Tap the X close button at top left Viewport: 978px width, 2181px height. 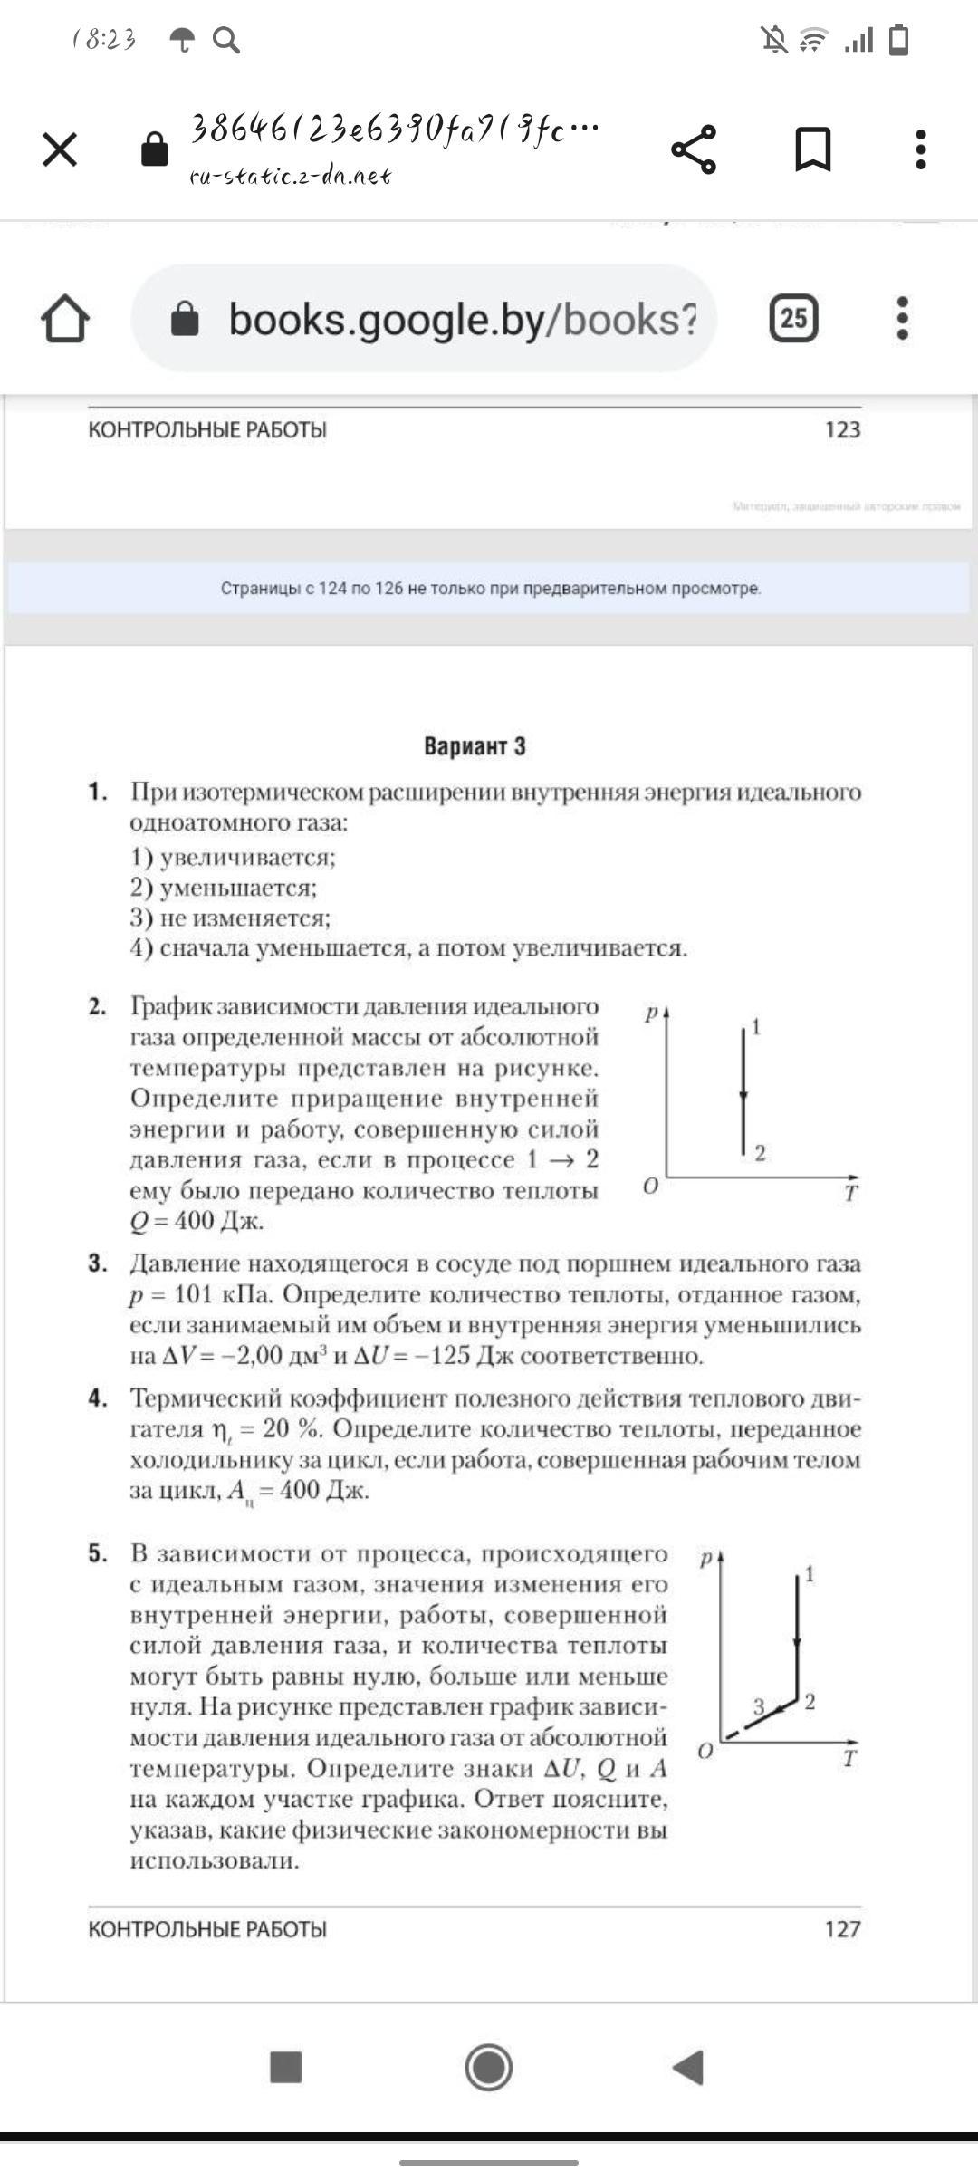[x=60, y=149]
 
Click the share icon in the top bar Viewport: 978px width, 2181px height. [x=694, y=149]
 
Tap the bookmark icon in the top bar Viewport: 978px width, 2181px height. [x=812, y=149]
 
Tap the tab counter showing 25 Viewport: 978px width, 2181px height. [x=794, y=318]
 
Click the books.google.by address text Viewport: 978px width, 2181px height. [x=462, y=320]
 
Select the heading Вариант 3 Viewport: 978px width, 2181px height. [x=475, y=746]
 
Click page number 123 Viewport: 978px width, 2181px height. [x=842, y=429]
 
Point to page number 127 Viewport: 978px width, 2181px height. [x=842, y=1929]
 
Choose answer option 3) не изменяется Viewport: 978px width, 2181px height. [x=230, y=918]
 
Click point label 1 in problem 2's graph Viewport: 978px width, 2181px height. [x=756, y=1026]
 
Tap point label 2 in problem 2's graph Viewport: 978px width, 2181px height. [x=760, y=1153]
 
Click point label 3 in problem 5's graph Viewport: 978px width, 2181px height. [x=760, y=1707]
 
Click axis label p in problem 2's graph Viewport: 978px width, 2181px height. [x=650, y=1014]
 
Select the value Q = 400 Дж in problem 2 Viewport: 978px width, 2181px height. [x=197, y=1221]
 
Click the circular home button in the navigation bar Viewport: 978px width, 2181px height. [x=489, y=2068]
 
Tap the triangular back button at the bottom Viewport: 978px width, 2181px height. [x=688, y=2068]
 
